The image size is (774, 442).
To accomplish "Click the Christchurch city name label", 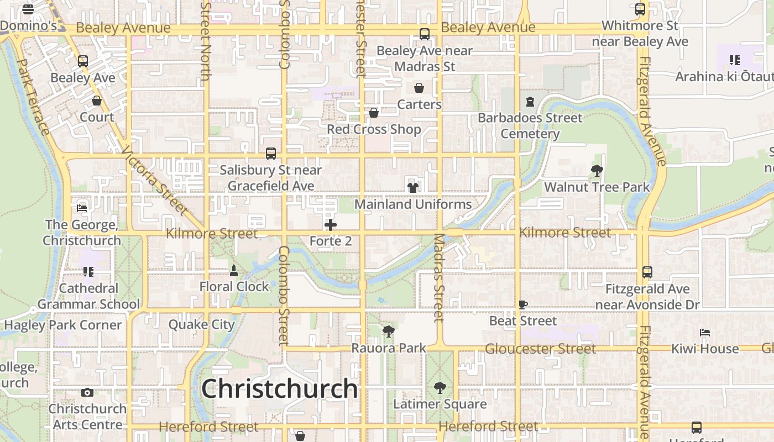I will pyautogui.click(x=279, y=388).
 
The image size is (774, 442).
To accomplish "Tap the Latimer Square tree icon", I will pyautogui.click(x=440, y=387).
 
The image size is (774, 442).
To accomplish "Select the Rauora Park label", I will pyautogui.click(x=389, y=348).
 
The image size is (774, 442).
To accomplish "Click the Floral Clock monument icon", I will pyautogui.click(x=234, y=271).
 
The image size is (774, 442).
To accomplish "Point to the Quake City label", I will pyautogui.click(x=202, y=324).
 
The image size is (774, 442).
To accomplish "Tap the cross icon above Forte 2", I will pyautogui.click(x=331, y=225).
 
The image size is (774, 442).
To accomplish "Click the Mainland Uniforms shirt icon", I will pyautogui.click(x=413, y=187).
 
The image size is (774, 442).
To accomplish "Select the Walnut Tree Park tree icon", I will pyautogui.click(x=597, y=171).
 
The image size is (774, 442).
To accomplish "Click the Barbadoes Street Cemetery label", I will pyautogui.click(x=530, y=125).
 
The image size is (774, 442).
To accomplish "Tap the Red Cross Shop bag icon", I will pyautogui.click(x=374, y=113).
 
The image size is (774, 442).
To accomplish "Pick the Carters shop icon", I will pyautogui.click(x=419, y=88).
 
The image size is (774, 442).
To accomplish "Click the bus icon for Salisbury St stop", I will pyautogui.click(x=271, y=154).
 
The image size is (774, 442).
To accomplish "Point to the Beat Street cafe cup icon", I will pyautogui.click(x=523, y=304).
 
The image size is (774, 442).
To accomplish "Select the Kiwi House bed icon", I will pyautogui.click(x=705, y=333).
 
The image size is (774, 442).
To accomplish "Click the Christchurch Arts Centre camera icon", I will pyautogui.click(x=87, y=393).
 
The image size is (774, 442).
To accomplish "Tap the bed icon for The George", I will pyautogui.click(x=82, y=208).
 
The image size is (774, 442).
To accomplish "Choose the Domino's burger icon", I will pyautogui.click(x=28, y=9).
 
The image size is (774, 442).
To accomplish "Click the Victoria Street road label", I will pyautogui.click(x=155, y=180).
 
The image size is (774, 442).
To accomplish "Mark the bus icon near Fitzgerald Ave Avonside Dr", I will pyautogui.click(x=647, y=272).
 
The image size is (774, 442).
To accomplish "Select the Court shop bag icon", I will pyautogui.click(x=97, y=101).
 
